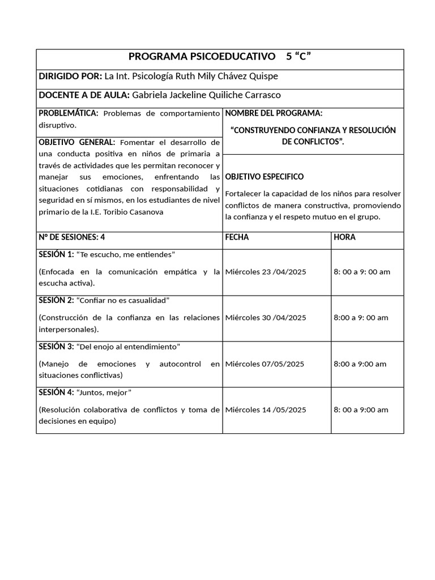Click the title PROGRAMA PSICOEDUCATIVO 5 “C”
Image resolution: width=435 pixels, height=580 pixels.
pyautogui.click(x=220, y=56)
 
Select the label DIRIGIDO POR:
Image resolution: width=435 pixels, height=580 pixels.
pyautogui.click(x=70, y=76)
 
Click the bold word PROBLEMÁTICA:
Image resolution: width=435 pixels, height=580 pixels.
pyautogui.click(x=69, y=113)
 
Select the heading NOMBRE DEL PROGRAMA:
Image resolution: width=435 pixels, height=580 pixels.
pyautogui.click(x=274, y=113)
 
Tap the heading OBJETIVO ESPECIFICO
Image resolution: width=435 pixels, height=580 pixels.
pyautogui.click(x=264, y=177)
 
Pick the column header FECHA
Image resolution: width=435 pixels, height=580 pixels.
pyautogui.click(x=237, y=237)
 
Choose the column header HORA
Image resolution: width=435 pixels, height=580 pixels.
pyautogui.click(x=344, y=237)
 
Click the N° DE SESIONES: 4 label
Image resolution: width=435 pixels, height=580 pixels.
pyautogui.click(x=71, y=237)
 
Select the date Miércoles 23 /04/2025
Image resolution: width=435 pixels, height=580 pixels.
pyautogui.click(x=266, y=272)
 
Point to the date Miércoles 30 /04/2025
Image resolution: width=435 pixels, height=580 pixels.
pyautogui.click(x=266, y=318)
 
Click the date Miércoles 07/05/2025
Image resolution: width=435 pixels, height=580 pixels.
pyautogui.click(x=265, y=364)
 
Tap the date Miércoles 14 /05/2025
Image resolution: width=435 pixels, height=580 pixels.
pyautogui.click(x=266, y=410)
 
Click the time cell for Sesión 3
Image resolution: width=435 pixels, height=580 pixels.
pyautogui.click(x=360, y=364)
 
